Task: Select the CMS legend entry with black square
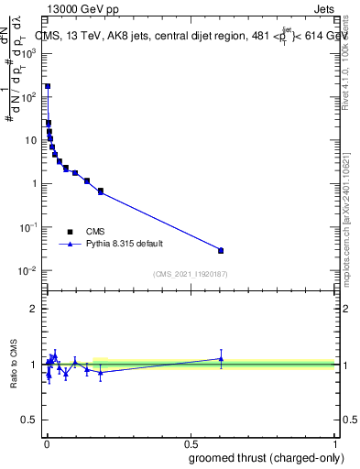(x=70, y=231)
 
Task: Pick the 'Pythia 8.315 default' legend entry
(x=70, y=245)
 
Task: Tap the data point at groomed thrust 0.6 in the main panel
(x=221, y=250)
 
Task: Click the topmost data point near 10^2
(x=48, y=86)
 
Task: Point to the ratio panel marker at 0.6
(x=221, y=358)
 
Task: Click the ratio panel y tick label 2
(x=34, y=310)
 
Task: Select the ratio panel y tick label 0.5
(x=29, y=421)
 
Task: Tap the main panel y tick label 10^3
(x=28, y=53)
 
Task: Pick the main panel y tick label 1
(x=34, y=184)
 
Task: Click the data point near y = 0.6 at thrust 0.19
(x=101, y=191)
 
